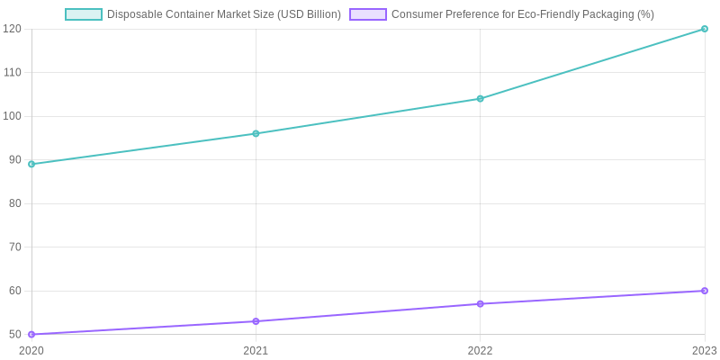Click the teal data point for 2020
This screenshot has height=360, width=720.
pos(31,164)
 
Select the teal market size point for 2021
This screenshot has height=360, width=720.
pos(256,133)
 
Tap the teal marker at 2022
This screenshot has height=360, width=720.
pos(480,99)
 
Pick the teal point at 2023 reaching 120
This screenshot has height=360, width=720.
pos(705,29)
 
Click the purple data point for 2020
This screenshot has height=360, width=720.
pos(31,334)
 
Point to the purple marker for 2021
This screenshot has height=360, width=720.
pos(256,321)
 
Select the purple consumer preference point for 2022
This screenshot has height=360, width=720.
pos(480,304)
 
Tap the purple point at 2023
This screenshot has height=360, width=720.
pos(705,291)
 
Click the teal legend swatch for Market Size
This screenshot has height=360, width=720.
pos(84,14)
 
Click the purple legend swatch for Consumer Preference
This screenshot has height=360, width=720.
pos(368,14)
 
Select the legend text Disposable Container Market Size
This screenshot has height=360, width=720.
pos(223,14)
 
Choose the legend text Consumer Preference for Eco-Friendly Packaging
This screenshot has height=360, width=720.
pos(523,14)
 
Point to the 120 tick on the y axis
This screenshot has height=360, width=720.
pos(12,29)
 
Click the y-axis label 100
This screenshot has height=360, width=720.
pos(12,116)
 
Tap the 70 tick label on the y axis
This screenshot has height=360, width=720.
pos(14,247)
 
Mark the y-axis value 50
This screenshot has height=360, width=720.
pos(14,334)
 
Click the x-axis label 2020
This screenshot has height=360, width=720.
pos(31,350)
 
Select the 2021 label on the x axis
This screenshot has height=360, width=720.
pos(256,350)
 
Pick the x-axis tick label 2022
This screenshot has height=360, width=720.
pos(480,350)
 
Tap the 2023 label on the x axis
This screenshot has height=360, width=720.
pos(704,350)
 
